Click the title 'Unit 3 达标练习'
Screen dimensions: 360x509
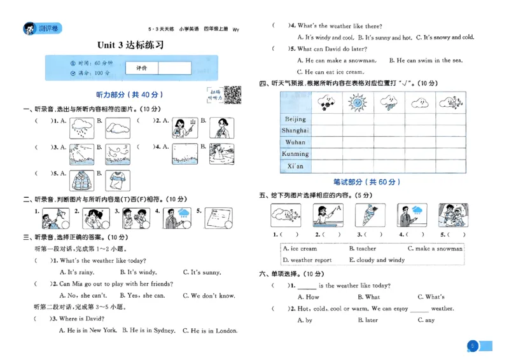pos(130,45)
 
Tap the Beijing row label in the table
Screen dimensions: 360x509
pos(295,119)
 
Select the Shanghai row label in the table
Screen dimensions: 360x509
pos(295,130)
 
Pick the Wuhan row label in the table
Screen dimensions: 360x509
pos(295,142)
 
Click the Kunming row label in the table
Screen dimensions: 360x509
pos(295,154)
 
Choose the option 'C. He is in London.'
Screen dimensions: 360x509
pos(209,331)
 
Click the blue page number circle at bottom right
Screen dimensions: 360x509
pos(472,346)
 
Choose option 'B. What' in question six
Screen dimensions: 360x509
pos(368,297)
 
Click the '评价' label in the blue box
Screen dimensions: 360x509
pos(141,68)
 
